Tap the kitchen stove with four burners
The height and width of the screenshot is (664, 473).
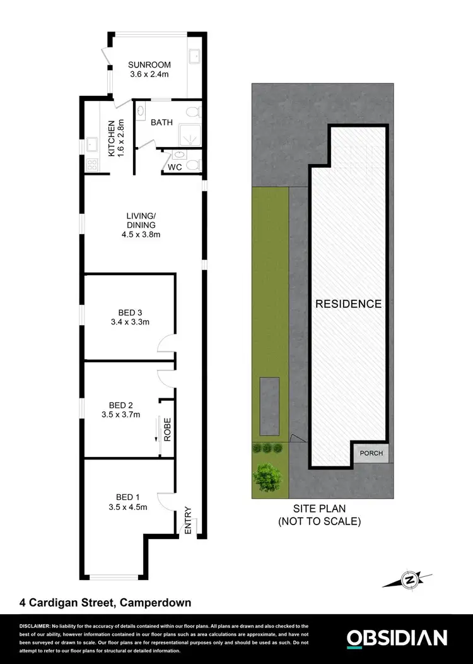(x=92, y=165)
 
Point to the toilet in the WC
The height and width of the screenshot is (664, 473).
(x=194, y=165)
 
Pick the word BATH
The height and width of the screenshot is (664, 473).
(x=161, y=122)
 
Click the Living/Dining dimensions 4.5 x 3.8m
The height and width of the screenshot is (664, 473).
(x=141, y=235)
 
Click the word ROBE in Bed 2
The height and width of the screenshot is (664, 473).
(x=168, y=429)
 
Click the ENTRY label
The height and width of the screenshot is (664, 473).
(x=188, y=522)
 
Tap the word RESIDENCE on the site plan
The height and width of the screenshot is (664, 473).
(x=348, y=304)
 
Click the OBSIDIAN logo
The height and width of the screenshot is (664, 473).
(x=397, y=638)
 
